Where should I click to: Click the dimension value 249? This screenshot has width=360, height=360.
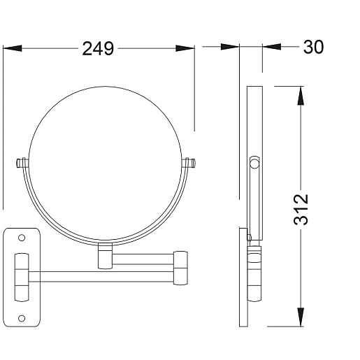[x=98, y=48]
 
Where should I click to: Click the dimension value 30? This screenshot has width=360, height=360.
[x=313, y=47]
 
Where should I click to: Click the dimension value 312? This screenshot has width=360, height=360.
[x=301, y=209]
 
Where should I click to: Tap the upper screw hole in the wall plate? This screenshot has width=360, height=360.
[x=22, y=238]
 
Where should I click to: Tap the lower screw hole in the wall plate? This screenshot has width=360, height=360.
[x=22, y=318]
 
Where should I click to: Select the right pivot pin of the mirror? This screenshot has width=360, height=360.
[x=189, y=163]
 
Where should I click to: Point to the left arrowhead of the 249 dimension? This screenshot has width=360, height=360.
[x=13, y=48]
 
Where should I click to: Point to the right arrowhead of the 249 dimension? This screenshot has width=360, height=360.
[x=185, y=48]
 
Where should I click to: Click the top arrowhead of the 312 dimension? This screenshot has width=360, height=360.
[x=301, y=96]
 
